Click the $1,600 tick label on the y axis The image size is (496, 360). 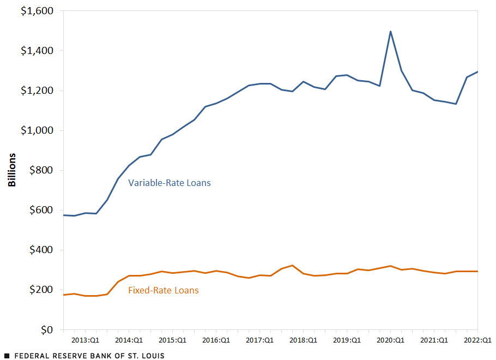click(38, 11)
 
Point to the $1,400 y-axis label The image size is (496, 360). click(38, 51)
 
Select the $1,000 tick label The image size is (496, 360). click(38, 130)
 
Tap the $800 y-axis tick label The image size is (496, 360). click(41, 170)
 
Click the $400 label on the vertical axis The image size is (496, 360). click(41, 250)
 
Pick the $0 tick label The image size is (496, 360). click(47, 330)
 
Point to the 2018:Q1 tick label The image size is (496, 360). click(304, 340)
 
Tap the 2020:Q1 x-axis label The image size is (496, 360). click(391, 340)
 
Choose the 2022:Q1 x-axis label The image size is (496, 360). click(478, 340)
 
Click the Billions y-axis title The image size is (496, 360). click(12, 170)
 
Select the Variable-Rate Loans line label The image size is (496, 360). click(169, 183)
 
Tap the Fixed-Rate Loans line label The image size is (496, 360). click(163, 291)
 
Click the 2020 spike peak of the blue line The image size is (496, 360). click(391, 31)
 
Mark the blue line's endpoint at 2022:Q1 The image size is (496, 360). click(478, 71)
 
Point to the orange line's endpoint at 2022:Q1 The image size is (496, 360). click(478, 271)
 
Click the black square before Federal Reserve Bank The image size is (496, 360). click(7, 356)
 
